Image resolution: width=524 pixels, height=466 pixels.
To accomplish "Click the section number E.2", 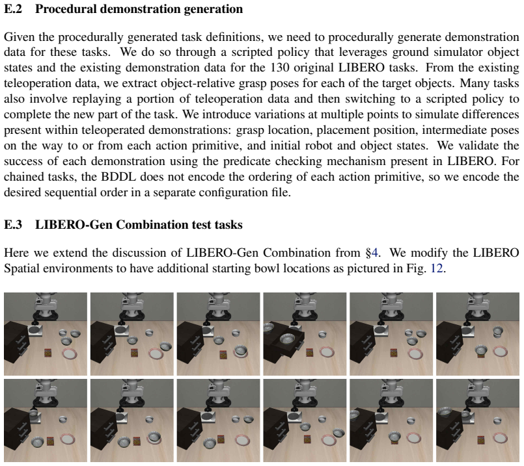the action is pos(13,9).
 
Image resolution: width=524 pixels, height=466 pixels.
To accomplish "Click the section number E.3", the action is pos(13,224).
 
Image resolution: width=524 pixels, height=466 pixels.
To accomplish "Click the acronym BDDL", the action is pos(118,177).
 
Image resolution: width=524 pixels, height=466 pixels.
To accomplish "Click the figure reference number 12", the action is pos(436,268).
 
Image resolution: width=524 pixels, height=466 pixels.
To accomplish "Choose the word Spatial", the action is pos(22,269).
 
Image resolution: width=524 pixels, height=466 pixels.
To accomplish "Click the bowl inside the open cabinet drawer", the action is pos(287,339).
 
